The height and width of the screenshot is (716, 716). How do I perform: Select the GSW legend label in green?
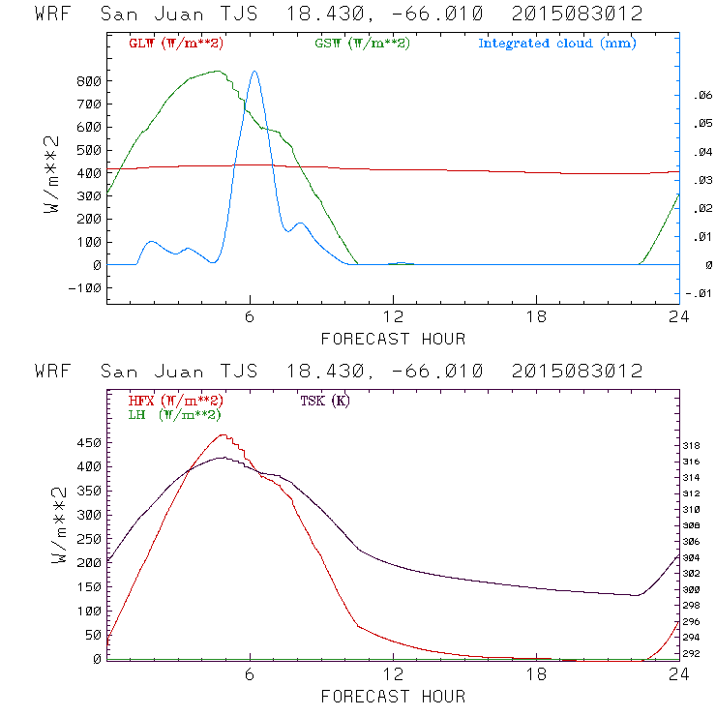pos(362,44)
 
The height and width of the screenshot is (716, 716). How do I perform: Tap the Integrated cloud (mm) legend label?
pos(557,44)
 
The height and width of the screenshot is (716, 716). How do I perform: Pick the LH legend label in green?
pos(174,414)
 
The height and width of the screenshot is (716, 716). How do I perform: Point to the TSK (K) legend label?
pos(324,401)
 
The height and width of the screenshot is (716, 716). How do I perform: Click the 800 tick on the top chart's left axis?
pos(88,81)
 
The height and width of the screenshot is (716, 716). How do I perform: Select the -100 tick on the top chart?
pos(84,288)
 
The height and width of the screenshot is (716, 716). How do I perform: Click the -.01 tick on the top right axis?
pos(698,294)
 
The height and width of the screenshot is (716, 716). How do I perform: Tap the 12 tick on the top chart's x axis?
pos(394,318)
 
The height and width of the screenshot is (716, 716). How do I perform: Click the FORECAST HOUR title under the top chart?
pos(393,339)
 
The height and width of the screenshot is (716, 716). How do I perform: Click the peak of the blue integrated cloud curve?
pos(254,71)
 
